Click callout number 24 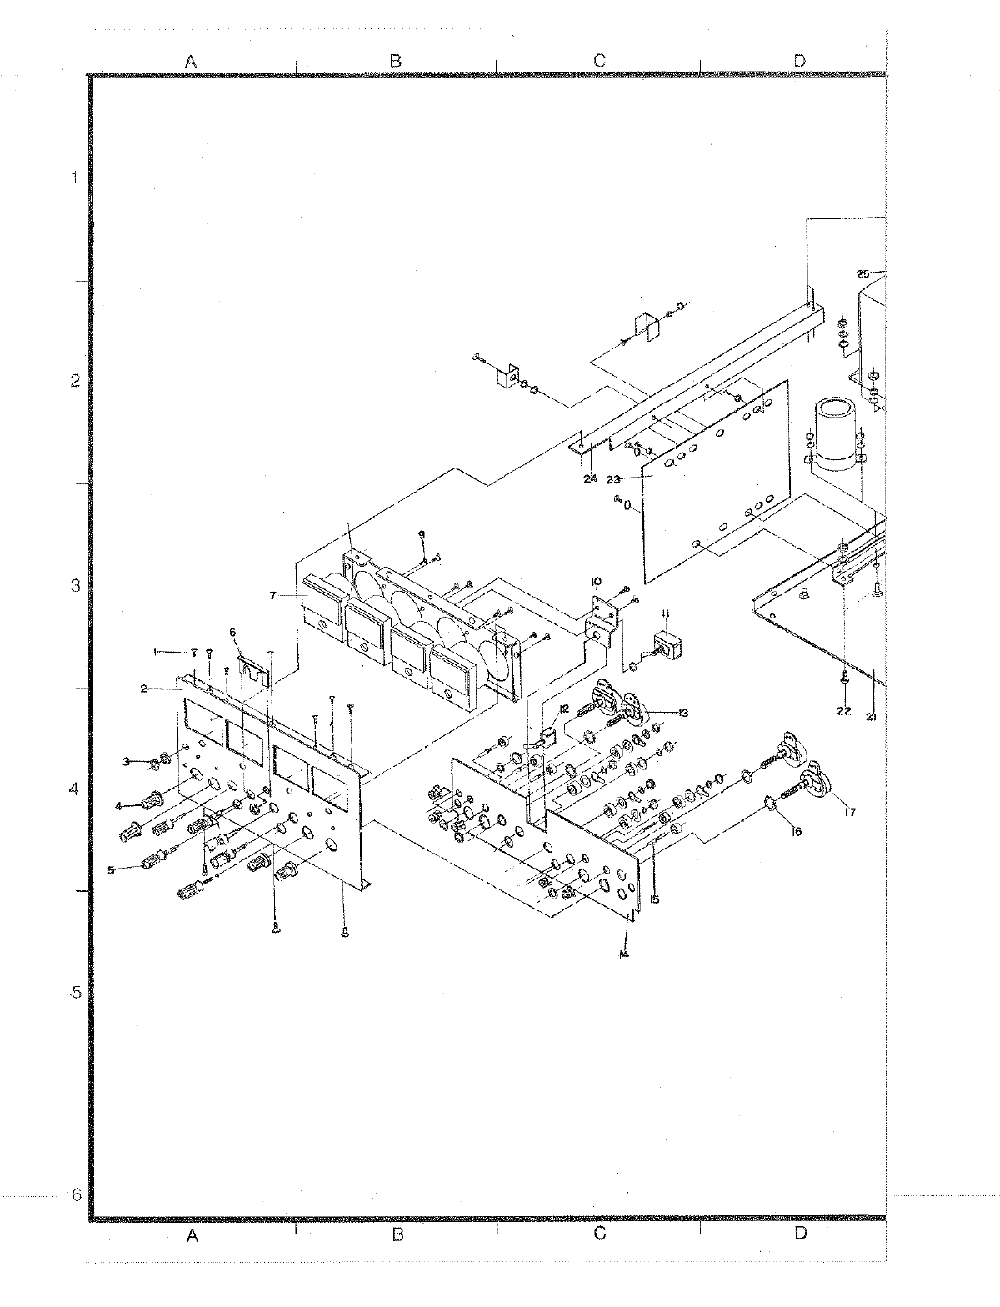pos(590,478)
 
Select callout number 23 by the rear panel pos(615,479)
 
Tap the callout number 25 pos(862,273)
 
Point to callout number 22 pos(843,710)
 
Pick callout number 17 pos(849,813)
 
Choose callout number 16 pos(796,831)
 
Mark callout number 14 pos(624,955)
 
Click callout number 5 pos(111,870)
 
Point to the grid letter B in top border pos(396,60)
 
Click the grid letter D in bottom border pos(800,1234)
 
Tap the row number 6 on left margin pos(76,1194)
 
